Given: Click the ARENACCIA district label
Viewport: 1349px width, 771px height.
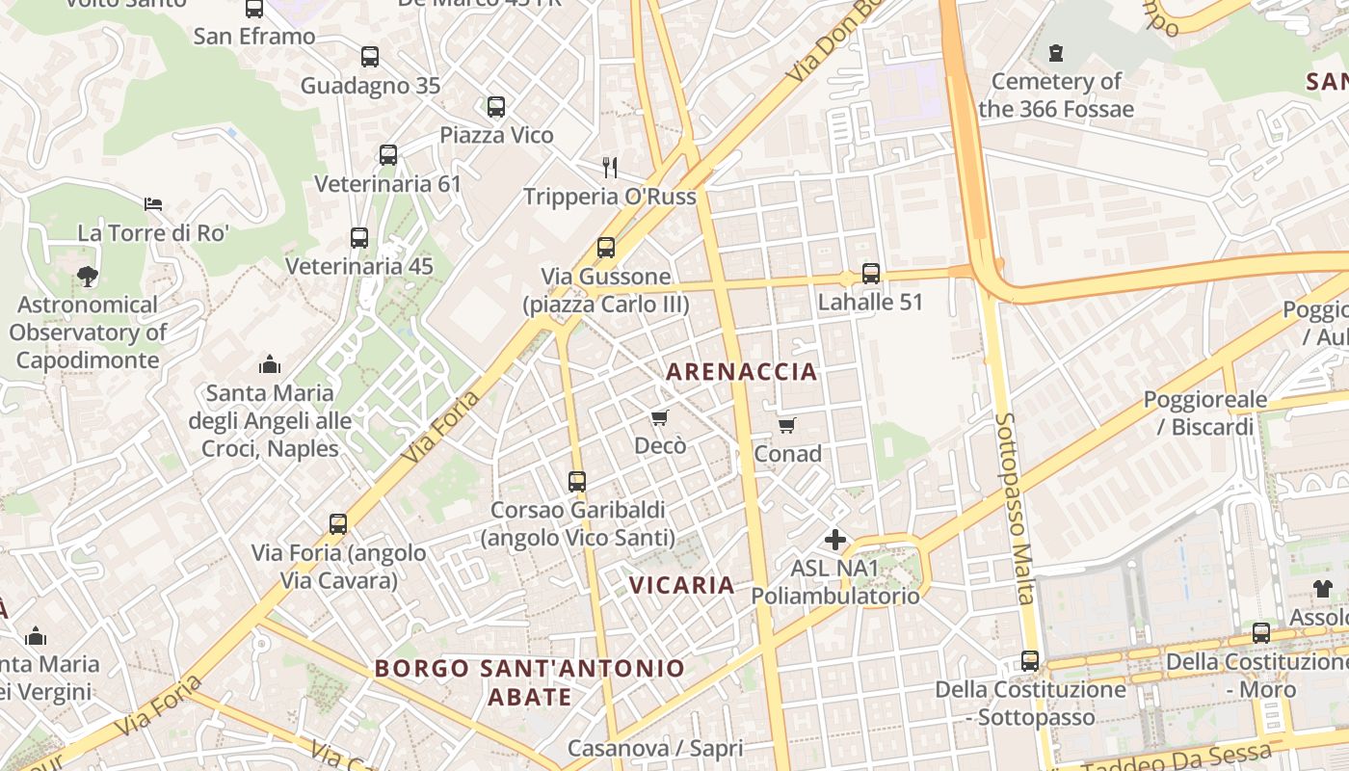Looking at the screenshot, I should tap(741, 371).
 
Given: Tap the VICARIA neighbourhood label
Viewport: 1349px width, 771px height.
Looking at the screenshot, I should tap(681, 585).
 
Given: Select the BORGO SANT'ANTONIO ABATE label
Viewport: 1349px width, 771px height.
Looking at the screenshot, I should tap(529, 681).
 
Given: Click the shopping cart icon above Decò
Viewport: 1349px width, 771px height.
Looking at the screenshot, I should tap(659, 417).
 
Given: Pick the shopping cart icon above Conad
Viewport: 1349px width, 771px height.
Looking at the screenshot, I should tap(786, 425).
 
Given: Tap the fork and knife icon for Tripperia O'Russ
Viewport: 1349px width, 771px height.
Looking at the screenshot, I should tap(609, 168).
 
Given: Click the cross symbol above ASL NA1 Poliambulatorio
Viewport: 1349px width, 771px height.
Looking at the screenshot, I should tap(835, 540).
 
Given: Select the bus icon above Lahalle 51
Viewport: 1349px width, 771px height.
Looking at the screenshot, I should tap(870, 274).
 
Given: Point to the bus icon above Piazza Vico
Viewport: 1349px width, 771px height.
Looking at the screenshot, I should tap(496, 107).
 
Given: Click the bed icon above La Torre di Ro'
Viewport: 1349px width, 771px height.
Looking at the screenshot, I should tap(153, 204).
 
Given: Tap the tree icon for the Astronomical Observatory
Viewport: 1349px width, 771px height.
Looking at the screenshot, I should tap(88, 277).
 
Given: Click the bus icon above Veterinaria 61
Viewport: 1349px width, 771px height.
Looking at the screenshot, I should tap(388, 155).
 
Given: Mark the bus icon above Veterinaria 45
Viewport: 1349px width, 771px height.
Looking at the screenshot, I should tap(359, 238).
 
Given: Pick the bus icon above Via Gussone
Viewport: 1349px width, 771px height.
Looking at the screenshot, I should tap(605, 248).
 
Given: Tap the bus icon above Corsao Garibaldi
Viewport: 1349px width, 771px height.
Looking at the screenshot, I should tap(577, 481).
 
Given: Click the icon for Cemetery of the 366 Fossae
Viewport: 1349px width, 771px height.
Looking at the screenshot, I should tap(1056, 53).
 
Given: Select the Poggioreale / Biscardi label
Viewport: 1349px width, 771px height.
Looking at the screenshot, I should tap(1199, 413).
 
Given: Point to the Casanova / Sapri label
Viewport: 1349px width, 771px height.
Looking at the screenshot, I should tap(654, 748).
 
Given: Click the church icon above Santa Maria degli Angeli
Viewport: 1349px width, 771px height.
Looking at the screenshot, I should tap(270, 364).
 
